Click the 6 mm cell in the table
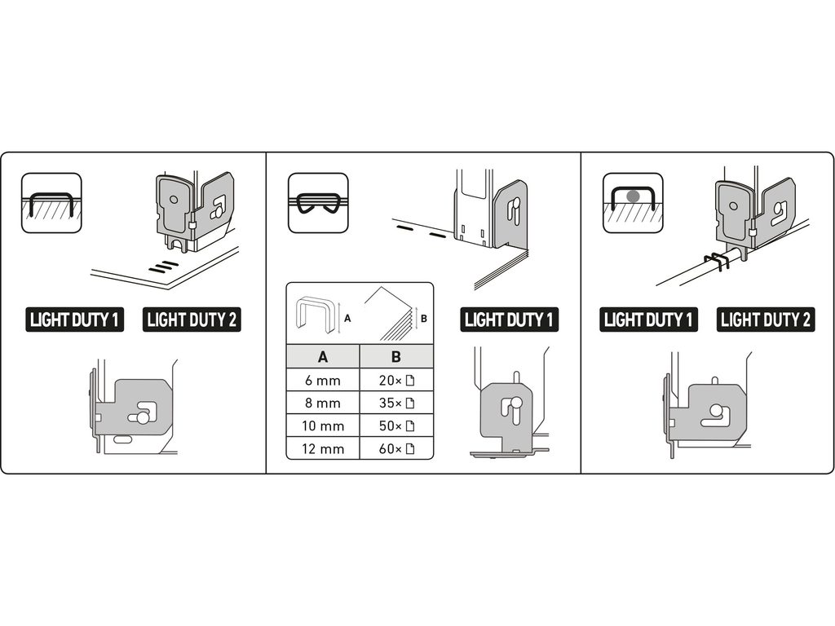(323, 380)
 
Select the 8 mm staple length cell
(323, 403)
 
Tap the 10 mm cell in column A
(323, 425)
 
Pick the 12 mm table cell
(323, 449)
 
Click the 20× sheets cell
(396, 380)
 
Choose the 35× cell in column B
(396, 403)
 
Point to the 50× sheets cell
(396, 425)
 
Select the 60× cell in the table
(396, 449)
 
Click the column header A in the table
(323, 356)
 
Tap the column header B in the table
(396, 356)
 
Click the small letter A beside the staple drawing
(347, 319)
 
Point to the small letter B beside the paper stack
(424, 319)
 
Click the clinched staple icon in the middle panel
(318, 203)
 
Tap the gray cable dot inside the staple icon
(633, 196)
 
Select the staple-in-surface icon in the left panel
(51, 203)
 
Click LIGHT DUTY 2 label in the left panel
(192, 320)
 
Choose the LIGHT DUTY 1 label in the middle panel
(509, 320)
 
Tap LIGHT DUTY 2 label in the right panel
(766, 320)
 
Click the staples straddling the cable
(716, 261)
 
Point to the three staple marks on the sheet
(163, 267)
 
